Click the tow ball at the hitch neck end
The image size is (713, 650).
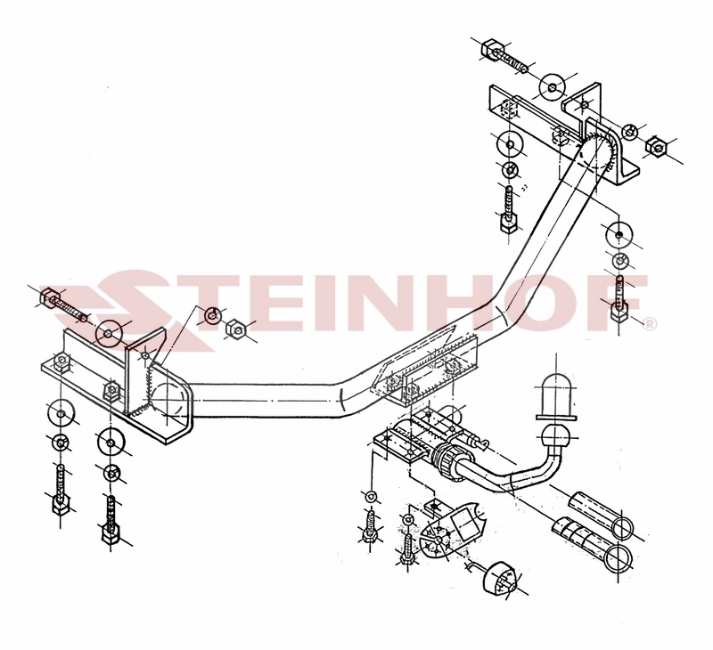pos(555,436)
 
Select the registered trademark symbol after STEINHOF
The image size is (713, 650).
pos(650,323)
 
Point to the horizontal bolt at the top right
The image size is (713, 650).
pos(504,57)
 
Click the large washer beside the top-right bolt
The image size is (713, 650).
pos(552,85)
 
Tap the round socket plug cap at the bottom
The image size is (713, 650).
pos(499,578)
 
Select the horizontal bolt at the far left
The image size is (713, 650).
pos(63,305)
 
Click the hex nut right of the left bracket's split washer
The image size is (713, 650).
pos(235,329)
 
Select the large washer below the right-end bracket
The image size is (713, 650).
pos(619,235)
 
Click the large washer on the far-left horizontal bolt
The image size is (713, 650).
pos(108,334)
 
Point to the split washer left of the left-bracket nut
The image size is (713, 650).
pos(212,315)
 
